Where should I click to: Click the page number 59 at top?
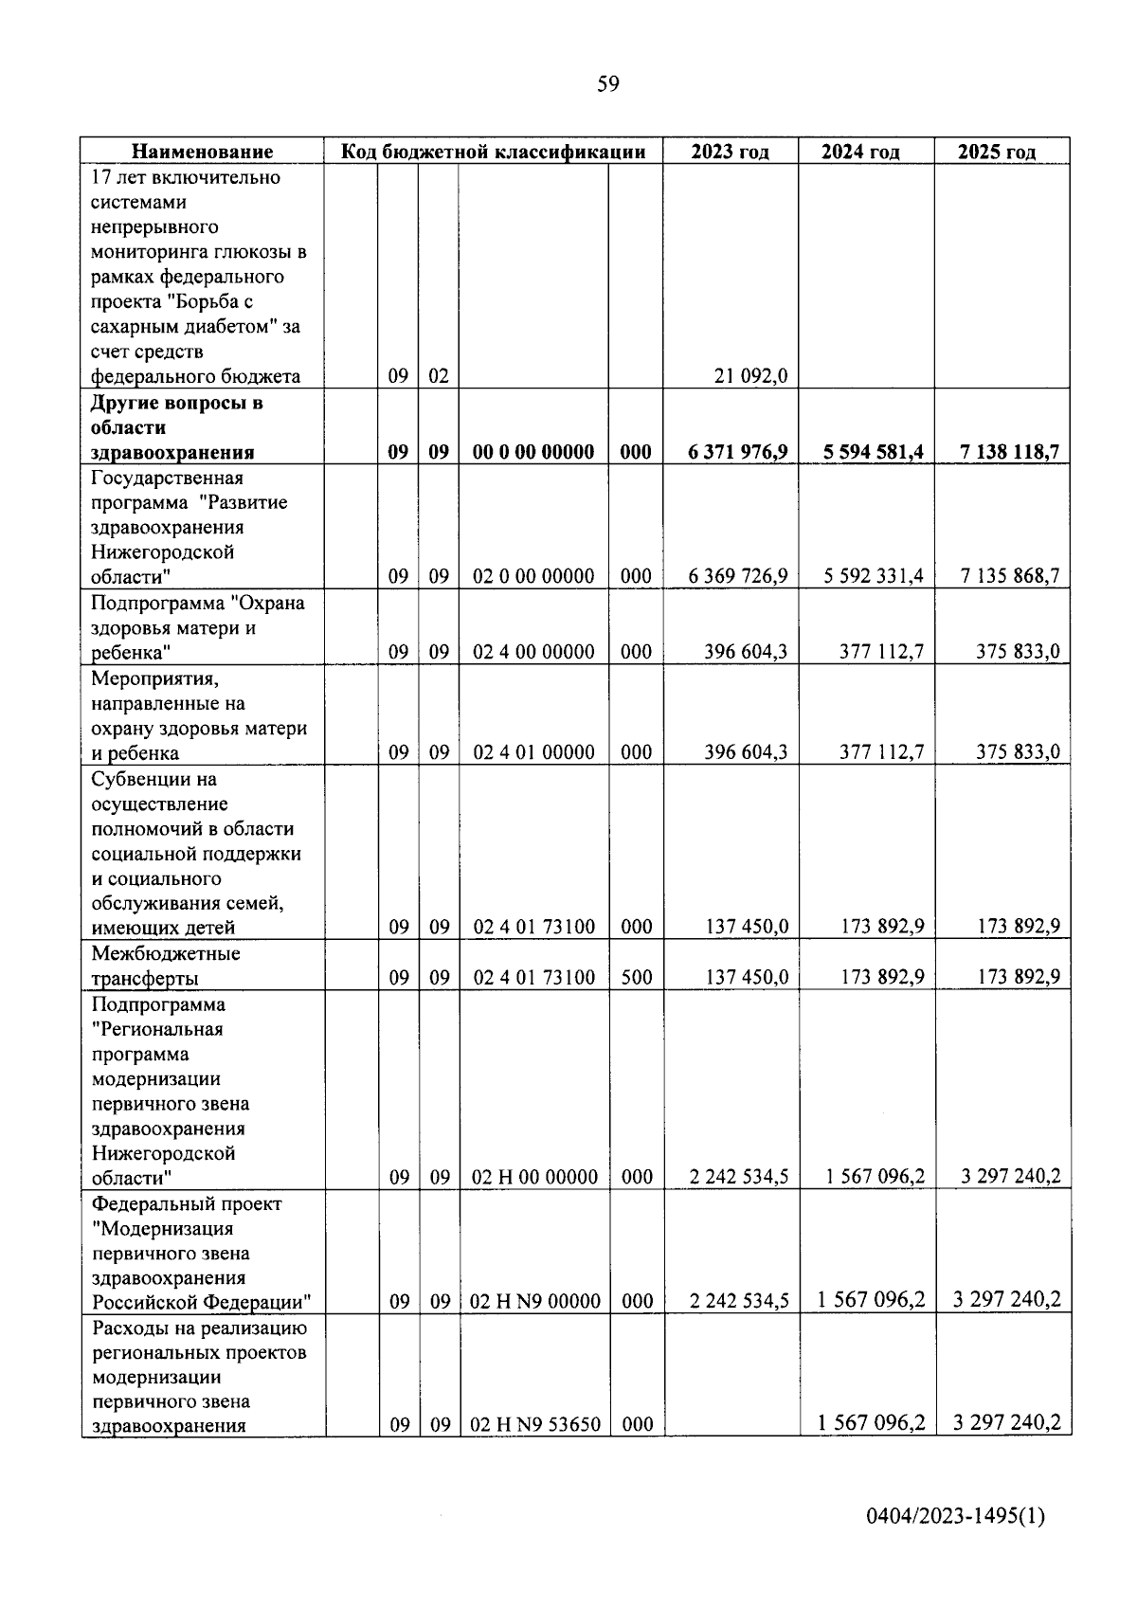click(x=607, y=84)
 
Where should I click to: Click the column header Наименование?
click(x=202, y=152)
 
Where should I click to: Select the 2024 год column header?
click(x=860, y=152)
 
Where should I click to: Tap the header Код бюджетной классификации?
click(x=493, y=152)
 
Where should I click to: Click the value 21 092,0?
click(x=751, y=376)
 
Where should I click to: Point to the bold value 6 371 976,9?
click(x=738, y=452)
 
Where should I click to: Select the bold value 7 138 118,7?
click(x=1009, y=452)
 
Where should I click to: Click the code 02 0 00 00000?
click(x=533, y=576)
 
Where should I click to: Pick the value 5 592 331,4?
click(x=874, y=576)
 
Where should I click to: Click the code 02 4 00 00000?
click(x=533, y=652)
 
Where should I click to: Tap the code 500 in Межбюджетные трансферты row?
click(x=636, y=977)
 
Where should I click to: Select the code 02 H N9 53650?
click(x=535, y=1424)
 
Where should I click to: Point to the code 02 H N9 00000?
click(x=535, y=1302)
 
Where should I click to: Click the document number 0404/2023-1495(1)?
click(x=955, y=1518)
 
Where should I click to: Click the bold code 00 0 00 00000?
click(x=533, y=452)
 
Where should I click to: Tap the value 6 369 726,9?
click(x=738, y=576)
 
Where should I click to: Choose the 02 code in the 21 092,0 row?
click(x=438, y=376)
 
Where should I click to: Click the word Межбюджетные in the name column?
click(x=166, y=953)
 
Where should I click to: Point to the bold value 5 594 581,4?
click(x=874, y=452)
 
